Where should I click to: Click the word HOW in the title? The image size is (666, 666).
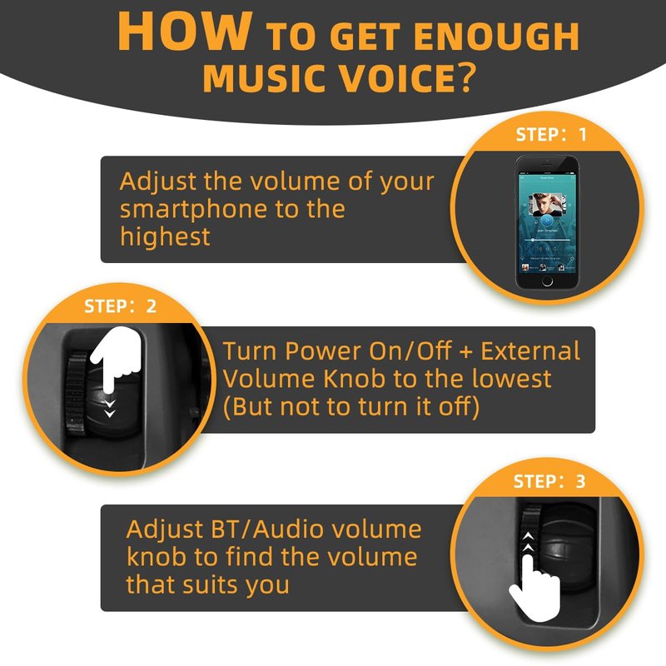pos(185,32)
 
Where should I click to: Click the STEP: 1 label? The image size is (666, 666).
pos(551,135)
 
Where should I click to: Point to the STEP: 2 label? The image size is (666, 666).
pos(120,306)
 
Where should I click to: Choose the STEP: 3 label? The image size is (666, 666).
pos(549,481)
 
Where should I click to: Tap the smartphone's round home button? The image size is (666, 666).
pos(548,281)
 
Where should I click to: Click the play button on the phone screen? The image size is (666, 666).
pos(547,221)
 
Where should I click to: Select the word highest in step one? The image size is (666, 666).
pos(165,236)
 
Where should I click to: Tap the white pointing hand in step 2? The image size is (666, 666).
pos(116,359)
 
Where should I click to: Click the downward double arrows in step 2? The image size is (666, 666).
pos(110,408)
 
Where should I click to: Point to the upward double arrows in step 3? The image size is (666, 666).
pos(528,542)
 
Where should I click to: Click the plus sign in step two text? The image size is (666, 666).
pos(465,352)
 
